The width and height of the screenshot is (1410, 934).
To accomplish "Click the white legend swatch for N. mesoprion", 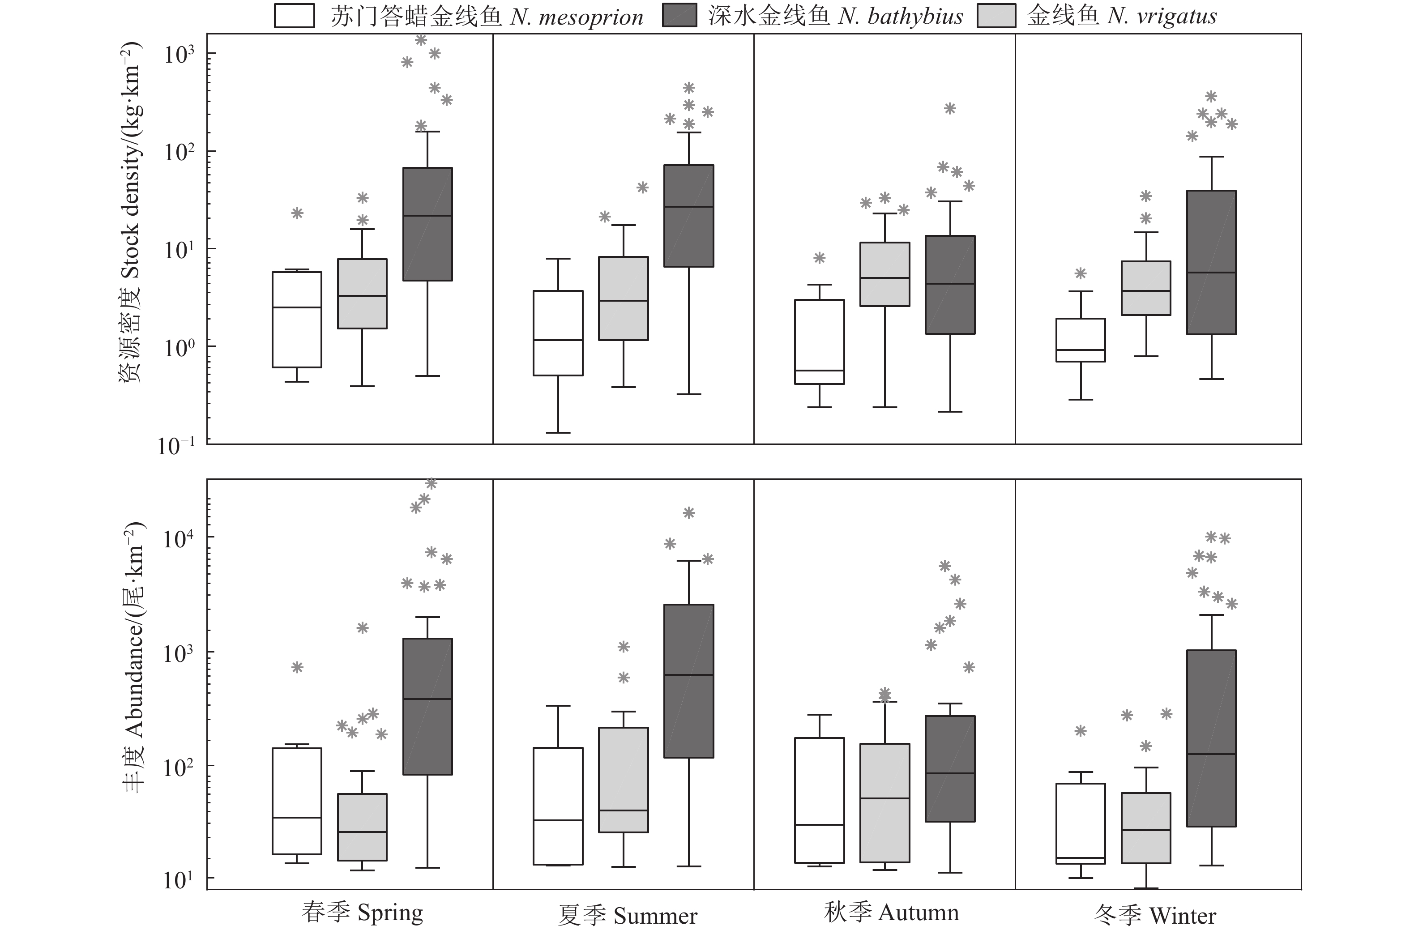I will [294, 16].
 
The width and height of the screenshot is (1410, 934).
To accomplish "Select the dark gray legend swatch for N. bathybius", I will [679, 16].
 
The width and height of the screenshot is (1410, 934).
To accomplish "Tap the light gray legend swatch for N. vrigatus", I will [996, 16].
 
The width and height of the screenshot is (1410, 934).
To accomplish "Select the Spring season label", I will [362, 912].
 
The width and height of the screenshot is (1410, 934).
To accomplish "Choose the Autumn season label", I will [891, 912].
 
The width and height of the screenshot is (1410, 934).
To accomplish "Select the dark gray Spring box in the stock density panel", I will [428, 224].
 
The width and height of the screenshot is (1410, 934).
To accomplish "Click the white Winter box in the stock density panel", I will [1081, 340].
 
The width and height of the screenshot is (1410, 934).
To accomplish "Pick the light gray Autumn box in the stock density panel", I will [884, 274].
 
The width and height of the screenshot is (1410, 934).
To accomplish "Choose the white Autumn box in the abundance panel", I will [820, 800].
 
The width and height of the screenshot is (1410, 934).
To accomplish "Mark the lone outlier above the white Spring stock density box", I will [297, 213].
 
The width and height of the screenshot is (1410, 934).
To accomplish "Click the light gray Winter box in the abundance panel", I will [1145, 828].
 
